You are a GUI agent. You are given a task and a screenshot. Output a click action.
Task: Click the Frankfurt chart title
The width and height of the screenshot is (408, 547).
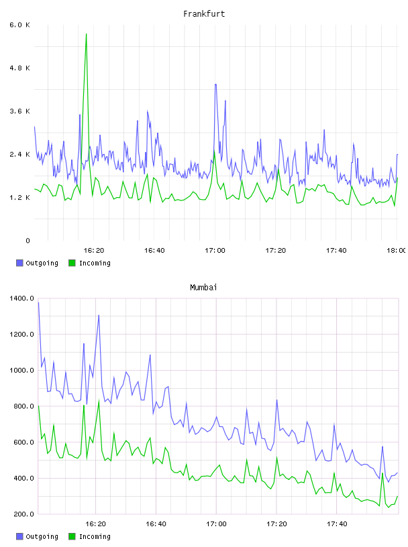204,14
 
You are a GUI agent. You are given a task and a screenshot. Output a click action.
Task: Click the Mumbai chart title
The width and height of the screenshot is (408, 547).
203,288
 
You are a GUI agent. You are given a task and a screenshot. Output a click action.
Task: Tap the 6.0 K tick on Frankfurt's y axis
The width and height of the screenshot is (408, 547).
20,25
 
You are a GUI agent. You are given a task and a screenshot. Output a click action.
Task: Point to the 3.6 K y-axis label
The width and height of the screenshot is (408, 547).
20,111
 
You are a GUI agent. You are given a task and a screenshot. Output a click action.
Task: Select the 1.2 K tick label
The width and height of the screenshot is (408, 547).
20,198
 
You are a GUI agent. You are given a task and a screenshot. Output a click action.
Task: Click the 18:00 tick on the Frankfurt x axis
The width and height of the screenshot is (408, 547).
397,251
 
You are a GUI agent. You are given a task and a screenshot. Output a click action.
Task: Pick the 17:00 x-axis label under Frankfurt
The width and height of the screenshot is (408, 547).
215,251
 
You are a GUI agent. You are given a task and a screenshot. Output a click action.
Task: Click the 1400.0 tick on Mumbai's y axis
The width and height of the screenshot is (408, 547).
22,298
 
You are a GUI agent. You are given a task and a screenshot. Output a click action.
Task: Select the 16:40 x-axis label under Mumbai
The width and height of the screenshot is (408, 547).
156,524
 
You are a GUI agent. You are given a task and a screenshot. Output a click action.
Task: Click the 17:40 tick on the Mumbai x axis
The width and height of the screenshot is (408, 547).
337,524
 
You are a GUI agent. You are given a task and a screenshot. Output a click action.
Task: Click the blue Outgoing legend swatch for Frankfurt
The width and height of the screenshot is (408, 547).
19,263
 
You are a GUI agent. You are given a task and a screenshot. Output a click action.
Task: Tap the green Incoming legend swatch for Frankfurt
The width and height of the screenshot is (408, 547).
72,263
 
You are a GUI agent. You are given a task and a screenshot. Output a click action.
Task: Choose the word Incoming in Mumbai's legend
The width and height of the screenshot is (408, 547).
95,537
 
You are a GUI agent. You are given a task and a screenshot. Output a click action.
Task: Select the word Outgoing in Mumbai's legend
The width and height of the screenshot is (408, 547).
42,537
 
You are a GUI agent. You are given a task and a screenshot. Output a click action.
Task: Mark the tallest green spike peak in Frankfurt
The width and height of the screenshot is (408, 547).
87,34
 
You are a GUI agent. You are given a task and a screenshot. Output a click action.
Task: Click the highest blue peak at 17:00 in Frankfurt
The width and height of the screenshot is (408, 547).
215,84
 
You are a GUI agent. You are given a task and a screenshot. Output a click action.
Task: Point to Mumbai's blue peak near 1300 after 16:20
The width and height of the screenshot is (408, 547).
99,315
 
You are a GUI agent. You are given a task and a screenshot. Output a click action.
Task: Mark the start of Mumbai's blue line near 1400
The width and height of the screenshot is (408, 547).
38,302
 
